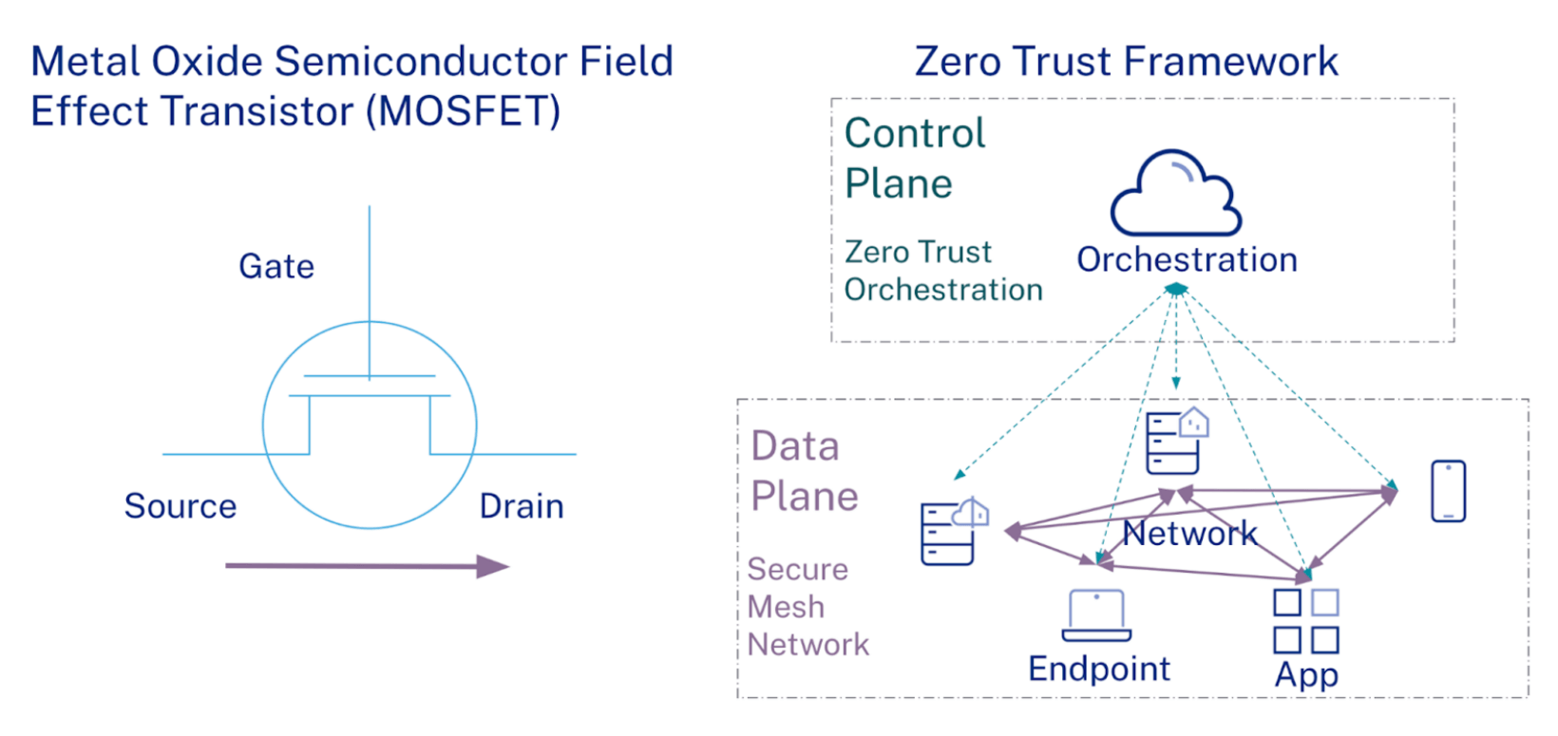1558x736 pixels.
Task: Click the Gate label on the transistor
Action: [x=276, y=267]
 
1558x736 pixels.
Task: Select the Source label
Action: [x=180, y=506]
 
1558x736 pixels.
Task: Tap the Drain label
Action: [x=522, y=506]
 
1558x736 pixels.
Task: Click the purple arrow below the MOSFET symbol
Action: [x=367, y=566]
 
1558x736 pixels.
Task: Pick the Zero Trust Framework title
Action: [x=1126, y=62]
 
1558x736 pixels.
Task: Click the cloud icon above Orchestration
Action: [x=1176, y=194]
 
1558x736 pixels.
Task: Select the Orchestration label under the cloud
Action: [x=1187, y=259]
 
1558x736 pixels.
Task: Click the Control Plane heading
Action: [x=914, y=159]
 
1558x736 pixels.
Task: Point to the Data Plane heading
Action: [x=804, y=471]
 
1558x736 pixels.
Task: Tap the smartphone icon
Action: [x=1448, y=491]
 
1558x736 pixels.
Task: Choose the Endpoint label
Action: [x=1099, y=669]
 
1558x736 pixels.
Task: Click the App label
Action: [x=1306, y=674]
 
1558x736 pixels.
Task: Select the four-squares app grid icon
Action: [x=1306, y=621]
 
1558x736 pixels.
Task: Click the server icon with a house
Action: [x=1175, y=441]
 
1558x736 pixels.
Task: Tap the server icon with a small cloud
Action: [x=952, y=532]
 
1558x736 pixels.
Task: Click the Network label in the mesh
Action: [x=1189, y=534]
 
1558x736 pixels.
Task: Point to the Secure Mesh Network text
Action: [x=807, y=607]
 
